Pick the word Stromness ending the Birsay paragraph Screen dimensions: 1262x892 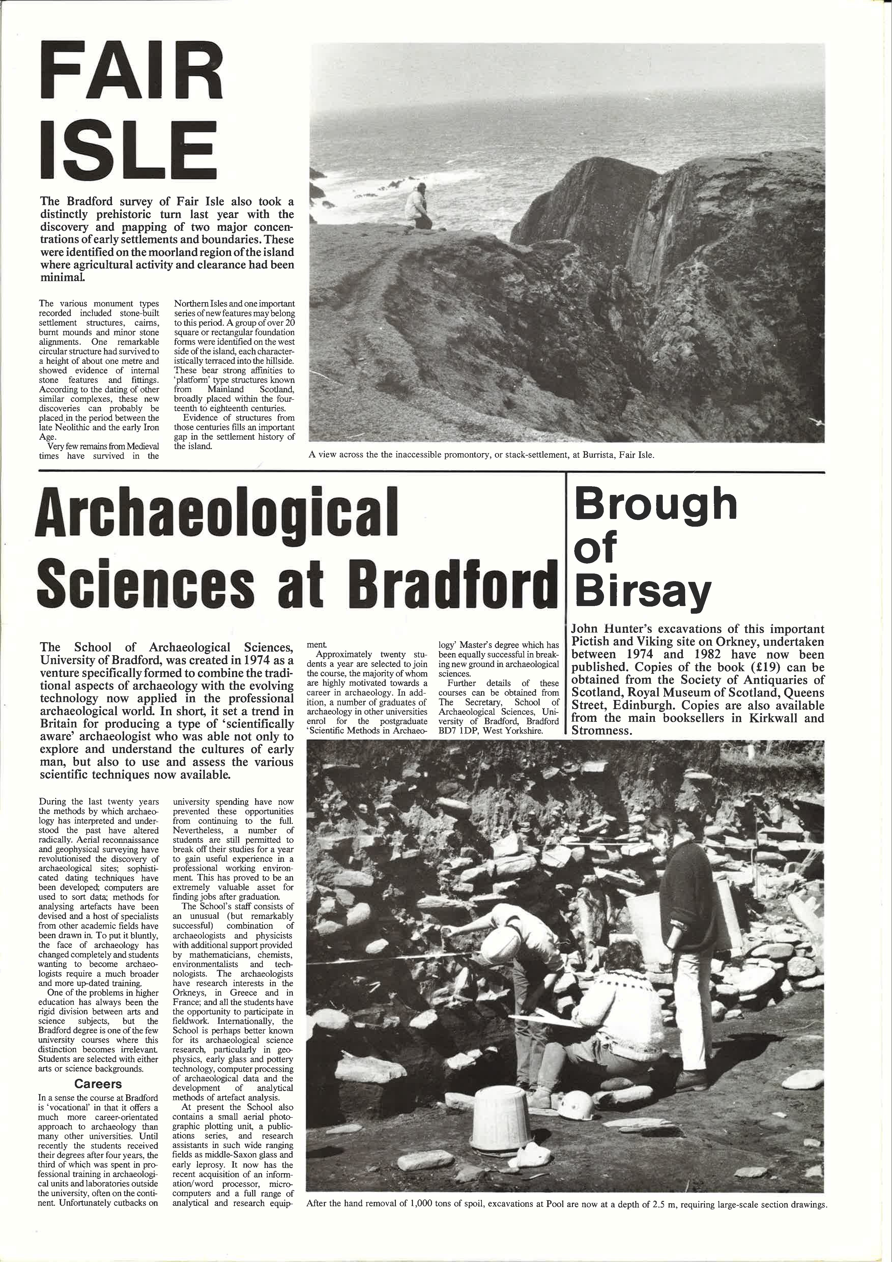pos(602,730)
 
